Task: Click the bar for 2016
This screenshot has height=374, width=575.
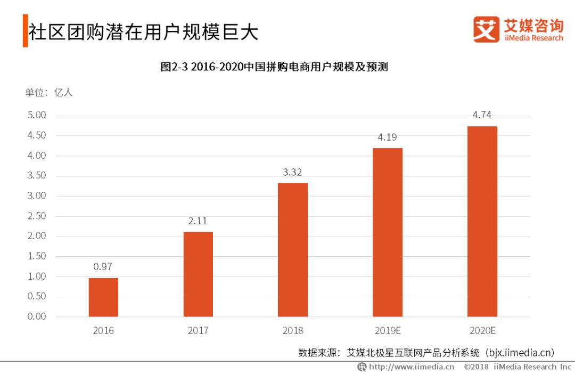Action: coord(103,297)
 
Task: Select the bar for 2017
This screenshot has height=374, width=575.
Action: coord(198,274)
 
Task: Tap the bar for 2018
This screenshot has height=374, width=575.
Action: coord(293,250)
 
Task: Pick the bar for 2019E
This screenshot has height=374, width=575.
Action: coord(388,232)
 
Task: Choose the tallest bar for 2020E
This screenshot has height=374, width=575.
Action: coord(482,221)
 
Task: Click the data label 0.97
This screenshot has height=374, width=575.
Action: coord(103,267)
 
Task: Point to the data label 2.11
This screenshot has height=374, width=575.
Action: coord(198,221)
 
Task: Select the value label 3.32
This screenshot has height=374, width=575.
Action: coord(292,172)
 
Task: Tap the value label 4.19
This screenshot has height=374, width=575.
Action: coord(387,137)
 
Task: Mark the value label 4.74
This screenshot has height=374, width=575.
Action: coord(482,115)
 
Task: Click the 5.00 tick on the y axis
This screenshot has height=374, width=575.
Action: coord(37,115)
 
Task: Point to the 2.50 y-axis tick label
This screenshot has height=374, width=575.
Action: coord(37,216)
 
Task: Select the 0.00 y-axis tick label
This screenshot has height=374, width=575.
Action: coord(37,316)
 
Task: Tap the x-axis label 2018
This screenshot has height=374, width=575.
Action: coord(292,331)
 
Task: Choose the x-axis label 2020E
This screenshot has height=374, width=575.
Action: coord(482,331)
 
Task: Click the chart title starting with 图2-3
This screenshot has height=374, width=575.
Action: coord(274,67)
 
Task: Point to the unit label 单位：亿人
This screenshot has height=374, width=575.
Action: coord(49,92)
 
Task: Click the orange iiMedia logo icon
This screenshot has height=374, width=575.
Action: coord(486,29)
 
